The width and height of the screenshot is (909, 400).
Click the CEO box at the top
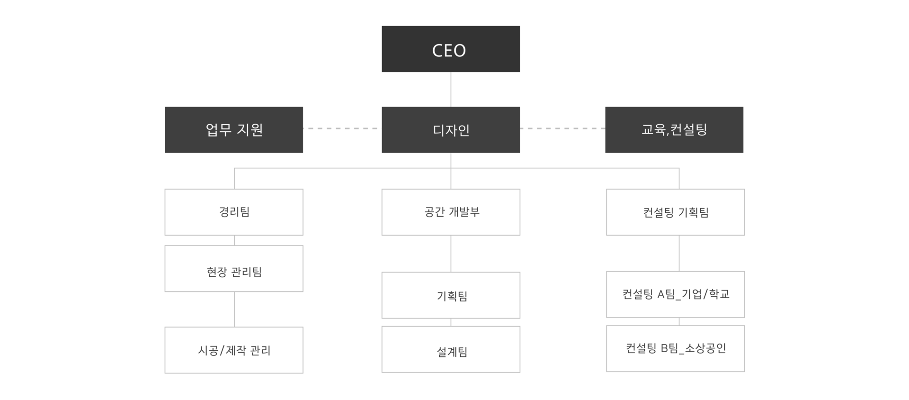(x=451, y=49)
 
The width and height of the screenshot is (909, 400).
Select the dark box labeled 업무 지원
(x=234, y=129)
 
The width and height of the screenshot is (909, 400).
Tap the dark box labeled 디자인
(x=451, y=129)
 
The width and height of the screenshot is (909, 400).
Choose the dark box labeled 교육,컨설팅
(x=674, y=129)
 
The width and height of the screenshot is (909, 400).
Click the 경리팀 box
(x=234, y=212)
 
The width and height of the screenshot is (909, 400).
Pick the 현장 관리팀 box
(x=234, y=268)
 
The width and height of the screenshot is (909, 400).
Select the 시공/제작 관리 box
(x=234, y=350)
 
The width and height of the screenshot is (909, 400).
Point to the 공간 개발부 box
(x=451, y=212)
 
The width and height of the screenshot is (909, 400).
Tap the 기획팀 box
(x=451, y=295)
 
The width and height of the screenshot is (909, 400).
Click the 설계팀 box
(x=451, y=349)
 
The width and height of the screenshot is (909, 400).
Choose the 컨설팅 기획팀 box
(x=676, y=212)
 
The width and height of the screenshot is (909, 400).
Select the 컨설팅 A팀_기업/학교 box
(x=676, y=294)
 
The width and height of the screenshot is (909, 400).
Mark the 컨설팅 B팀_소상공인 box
(x=676, y=348)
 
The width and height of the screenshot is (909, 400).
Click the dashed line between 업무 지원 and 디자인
(x=342, y=128)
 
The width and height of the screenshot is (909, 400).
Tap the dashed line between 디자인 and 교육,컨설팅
(x=562, y=128)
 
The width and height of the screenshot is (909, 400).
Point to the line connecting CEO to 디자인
(x=451, y=89)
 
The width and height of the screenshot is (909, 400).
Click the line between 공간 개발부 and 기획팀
(x=451, y=254)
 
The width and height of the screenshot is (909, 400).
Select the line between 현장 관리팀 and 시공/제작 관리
(x=234, y=309)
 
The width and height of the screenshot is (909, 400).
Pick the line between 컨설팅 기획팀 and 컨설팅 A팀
(x=679, y=253)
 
